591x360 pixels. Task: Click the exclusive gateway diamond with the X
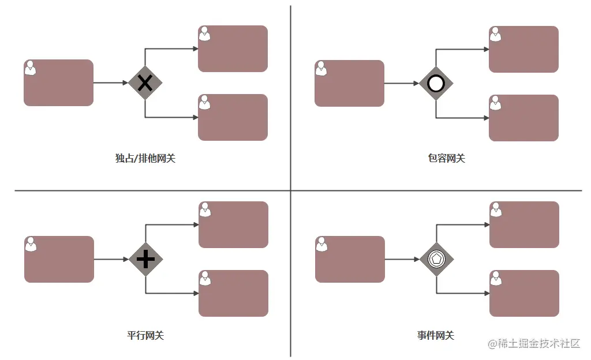point(145,83)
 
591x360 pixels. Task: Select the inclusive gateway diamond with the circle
point(436,84)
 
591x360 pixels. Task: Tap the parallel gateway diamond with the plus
point(145,259)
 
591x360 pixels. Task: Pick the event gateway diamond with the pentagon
point(436,259)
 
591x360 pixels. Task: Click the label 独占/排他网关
point(145,158)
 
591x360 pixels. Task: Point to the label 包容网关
point(442,158)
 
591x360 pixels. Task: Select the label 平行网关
point(145,335)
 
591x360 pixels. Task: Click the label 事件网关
point(436,335)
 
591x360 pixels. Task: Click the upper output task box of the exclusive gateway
point(233,48)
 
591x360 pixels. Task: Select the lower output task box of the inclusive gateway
point(523,118)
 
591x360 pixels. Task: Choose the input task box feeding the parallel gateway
point(59,259)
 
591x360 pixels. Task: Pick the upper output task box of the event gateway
point(524,224)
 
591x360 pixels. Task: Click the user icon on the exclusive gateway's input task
point(30,68)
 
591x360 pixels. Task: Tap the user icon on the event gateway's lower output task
point(495,279)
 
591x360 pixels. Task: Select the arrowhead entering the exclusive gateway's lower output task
point(195,117)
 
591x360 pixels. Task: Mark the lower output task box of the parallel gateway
point(233,293)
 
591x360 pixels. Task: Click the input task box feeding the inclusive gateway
point(349,84)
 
